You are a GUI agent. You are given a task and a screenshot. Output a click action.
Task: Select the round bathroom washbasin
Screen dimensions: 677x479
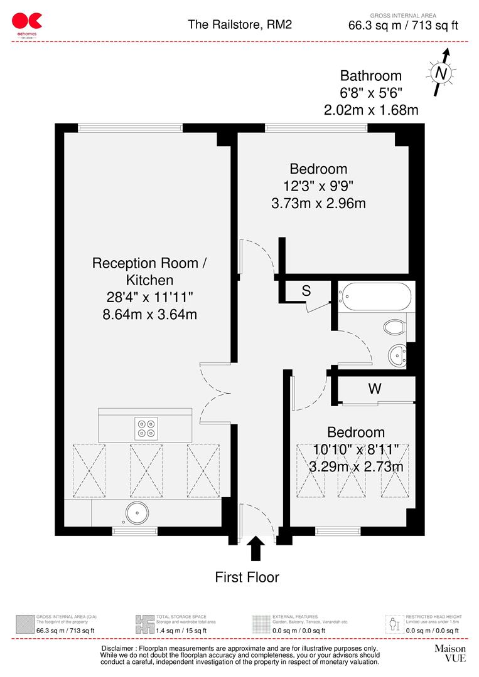coord(397,355)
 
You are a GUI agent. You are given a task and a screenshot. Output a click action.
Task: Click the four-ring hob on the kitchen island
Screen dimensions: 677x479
coord(146,427)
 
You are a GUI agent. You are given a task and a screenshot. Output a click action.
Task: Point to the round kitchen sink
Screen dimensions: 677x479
coord(135,513)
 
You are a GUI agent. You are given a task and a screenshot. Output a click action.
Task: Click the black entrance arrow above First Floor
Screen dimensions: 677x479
coord(256,549)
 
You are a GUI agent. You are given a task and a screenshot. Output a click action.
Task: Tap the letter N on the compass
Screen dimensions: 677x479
coord(441,73)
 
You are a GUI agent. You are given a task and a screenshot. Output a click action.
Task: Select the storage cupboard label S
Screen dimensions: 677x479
coord(306,291)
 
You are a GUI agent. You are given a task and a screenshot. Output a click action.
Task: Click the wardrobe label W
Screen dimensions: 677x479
coord(375,389)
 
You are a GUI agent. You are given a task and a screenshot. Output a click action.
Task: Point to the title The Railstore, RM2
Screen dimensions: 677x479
coord(240,24)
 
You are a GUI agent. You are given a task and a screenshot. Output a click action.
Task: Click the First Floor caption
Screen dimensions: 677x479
coord(247,577)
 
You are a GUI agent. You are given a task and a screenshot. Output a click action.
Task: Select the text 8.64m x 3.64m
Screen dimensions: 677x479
coord(150,314)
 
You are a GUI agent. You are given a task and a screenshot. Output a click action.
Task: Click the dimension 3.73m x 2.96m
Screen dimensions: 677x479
coord(318,202)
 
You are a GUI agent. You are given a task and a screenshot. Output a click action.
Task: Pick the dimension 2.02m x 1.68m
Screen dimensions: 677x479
coord(370,110)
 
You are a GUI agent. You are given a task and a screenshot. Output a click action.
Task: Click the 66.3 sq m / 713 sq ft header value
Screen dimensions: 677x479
coord(403,26)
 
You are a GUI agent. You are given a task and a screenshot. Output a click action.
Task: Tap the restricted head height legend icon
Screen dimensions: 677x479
coord(394,624)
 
